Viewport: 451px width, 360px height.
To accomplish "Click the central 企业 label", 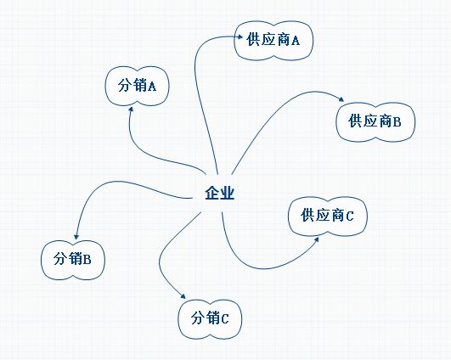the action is click(220, 193).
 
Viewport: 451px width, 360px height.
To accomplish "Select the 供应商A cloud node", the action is click(273, 40).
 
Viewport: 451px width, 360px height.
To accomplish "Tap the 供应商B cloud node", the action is click(375, 122).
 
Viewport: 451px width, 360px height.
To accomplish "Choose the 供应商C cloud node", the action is click(328, 217).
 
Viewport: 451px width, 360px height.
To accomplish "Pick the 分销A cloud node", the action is click(137, 86).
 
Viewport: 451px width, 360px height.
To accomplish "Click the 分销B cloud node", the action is click(73, 260).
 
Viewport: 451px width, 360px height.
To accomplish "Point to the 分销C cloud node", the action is click(210, 319).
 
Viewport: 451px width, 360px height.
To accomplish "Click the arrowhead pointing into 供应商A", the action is click(239, 37).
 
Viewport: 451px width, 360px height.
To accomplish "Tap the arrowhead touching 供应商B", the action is click(341, 99).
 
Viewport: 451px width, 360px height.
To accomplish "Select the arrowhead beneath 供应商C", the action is click(316, 239).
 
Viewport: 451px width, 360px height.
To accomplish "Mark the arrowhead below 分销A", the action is click(131, 110).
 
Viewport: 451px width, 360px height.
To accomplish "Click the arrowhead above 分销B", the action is click(76, 236).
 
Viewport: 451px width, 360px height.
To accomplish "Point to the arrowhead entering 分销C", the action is click(183, 296).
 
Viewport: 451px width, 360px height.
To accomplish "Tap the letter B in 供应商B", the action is click(397, 122).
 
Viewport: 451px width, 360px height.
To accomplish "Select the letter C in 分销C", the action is click(224, 319).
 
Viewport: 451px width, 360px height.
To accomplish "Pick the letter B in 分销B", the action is click(87, 260).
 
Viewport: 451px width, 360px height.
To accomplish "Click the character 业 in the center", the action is click(228, 193).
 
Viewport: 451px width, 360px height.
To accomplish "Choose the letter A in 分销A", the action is click(152, 87).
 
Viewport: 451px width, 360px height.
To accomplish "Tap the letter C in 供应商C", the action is click(349, 217).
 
